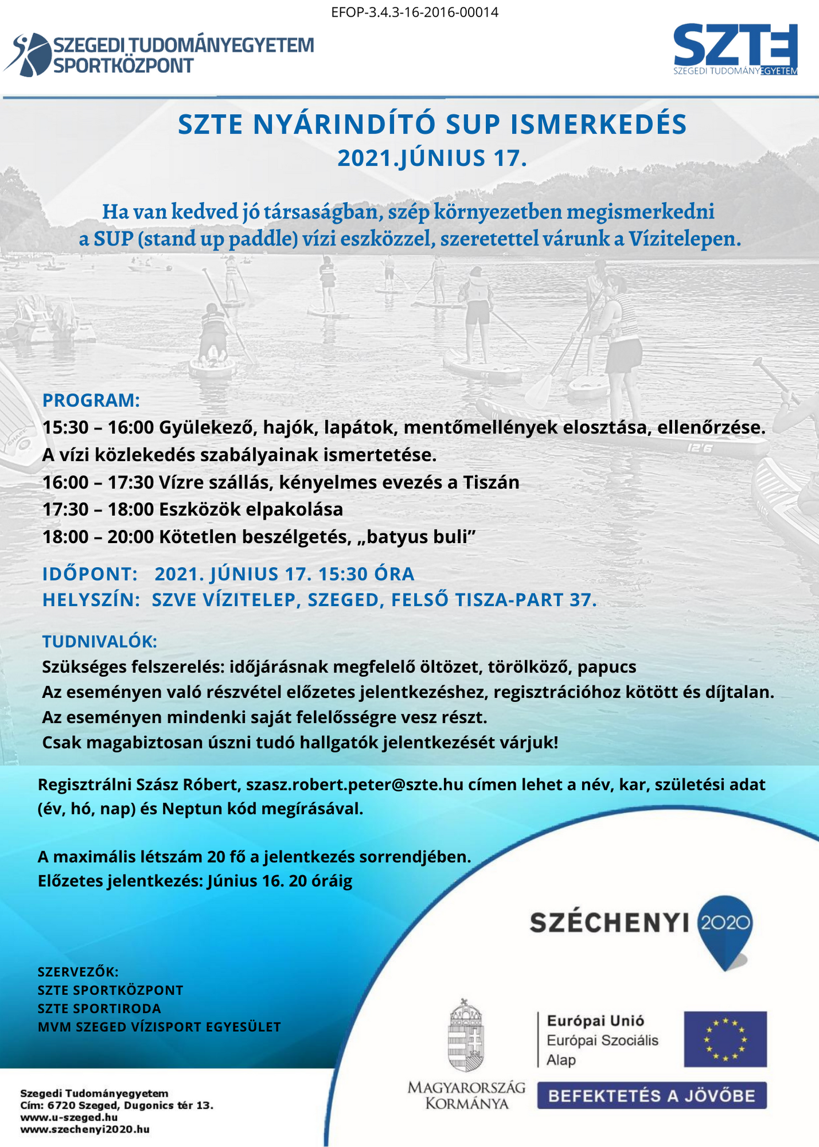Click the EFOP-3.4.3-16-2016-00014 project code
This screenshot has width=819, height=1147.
pos(415,12)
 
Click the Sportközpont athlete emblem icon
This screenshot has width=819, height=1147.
pos(27,54)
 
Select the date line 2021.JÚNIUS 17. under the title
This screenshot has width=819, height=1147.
pos(431,158)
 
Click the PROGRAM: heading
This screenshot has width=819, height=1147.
pos(91,400)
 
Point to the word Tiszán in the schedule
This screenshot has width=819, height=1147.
pos(491,482)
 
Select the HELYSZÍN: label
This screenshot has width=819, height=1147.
pos(91,600)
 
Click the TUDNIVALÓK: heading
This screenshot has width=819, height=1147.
pos(99,641)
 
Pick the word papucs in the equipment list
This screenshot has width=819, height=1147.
pos(607,667)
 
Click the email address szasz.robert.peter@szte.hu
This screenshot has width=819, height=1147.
pos(354,784)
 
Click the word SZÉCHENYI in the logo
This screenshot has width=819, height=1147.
pos(609,923)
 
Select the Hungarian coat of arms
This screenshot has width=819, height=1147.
pos(466,1036)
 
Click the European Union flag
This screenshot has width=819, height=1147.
pos(725,1039)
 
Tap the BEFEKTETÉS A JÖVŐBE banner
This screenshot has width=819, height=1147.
pos(652,1096)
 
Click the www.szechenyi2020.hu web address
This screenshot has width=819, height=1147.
pos(85,1129)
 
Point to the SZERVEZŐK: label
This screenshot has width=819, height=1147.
pos(78,972)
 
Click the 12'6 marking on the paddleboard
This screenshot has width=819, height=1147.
pos(700,447)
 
